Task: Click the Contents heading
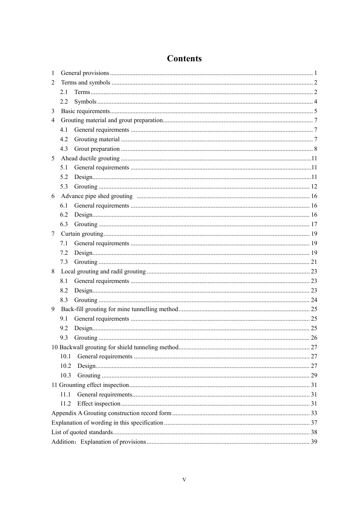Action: tap(184, 59)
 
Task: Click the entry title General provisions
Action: tap(85, 73)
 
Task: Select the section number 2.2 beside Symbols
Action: tap(64, 101)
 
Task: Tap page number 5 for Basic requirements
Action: tap(315, 111)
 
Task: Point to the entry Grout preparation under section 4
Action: tap(97, 149)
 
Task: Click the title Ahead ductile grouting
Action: tap(90, 158)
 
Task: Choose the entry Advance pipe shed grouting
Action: tap(96, 196)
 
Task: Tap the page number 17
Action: tap(314, 224)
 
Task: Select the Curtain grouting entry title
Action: tap(82, 234)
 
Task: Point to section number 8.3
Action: tap(64, 300)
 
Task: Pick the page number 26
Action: tap(314, 338)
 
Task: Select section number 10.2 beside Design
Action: tap(66, 366)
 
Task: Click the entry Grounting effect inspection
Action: tap(90, 385)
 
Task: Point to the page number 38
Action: tap(314, 432)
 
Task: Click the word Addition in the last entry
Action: tap(62, 442)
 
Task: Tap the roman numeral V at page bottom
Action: tap(184, 480)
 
